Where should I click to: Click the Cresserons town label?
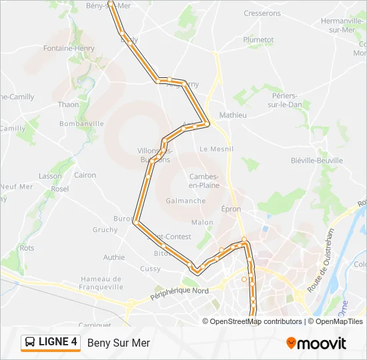point(262,13)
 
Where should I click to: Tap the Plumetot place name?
point(258,40)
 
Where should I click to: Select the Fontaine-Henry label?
point(69,49)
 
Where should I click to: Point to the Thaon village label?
point(68,105)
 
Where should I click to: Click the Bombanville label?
point(81,123)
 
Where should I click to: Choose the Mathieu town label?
point(233,115)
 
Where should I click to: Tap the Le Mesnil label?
point(216,149)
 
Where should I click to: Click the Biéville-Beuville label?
point(317,161)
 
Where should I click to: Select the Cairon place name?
point(85,175)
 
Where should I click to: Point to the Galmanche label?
point(186,201)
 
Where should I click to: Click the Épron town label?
point(231,209)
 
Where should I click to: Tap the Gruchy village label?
point(105,230)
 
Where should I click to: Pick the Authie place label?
point(114,257)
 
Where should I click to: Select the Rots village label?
point(27,248)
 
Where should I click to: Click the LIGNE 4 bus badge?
point(51,342)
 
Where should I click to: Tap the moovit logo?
point(316,343)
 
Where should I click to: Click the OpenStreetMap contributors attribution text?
point(256,321)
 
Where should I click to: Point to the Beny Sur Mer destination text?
point(118,343)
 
